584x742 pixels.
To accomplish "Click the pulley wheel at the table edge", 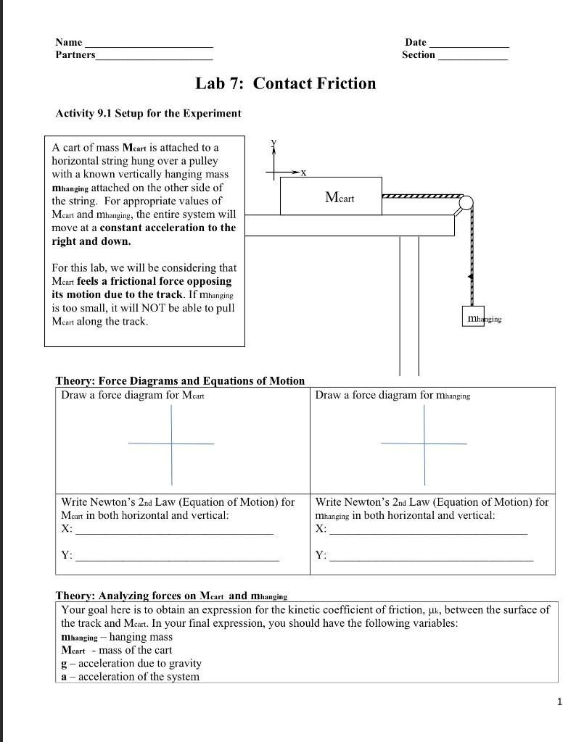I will click(466, 202).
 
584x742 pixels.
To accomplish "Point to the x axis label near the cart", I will click(303, 173).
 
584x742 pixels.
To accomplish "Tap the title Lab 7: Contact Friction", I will click(286, 83).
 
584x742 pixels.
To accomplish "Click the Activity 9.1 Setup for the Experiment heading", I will click(148, 113).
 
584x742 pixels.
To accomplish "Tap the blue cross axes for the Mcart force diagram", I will click(172, 443).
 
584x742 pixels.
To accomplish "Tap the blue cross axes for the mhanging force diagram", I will click(424, 443).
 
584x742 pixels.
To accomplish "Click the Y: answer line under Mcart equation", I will click(177, 559).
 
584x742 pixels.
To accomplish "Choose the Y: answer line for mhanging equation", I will click(431, 559).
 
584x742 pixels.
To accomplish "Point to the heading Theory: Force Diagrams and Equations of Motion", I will click(180, 380).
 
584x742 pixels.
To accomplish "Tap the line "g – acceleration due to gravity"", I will click(131, 663).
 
